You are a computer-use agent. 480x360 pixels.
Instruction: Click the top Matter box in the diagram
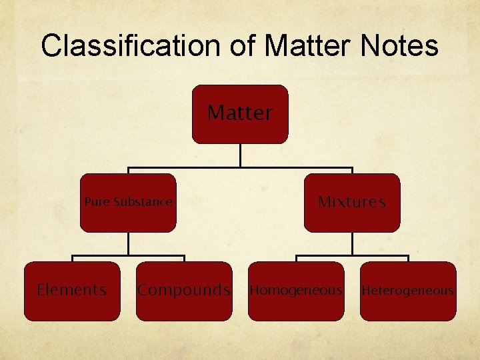tap(240, 114)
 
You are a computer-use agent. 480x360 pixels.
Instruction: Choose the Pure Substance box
tap(128, 203)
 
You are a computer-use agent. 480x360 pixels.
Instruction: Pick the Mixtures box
tap(352, 203)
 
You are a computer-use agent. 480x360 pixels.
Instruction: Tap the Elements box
tap(72, 291)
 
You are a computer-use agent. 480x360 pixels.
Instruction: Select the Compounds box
tap(184, 291)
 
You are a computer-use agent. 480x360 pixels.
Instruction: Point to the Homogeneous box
tap(296, 291)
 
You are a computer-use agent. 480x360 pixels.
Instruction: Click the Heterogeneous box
tap(408, 291)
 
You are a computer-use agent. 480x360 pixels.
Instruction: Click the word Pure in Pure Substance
tap(97, 202)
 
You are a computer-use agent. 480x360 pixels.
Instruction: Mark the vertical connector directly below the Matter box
tap(240, 155)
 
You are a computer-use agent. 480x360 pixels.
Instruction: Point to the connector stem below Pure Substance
tap(128, 243)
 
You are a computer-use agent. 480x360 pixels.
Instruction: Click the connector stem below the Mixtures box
tap(352, 243)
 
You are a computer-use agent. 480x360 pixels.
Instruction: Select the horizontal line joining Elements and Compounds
tap(128, 256)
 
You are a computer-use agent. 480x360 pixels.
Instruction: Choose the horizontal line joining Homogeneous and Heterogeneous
tap(352, 256)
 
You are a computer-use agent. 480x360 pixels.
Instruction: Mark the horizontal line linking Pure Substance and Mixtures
tap(240, 167)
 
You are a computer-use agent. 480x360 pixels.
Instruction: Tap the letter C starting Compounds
tap(143, 290)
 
